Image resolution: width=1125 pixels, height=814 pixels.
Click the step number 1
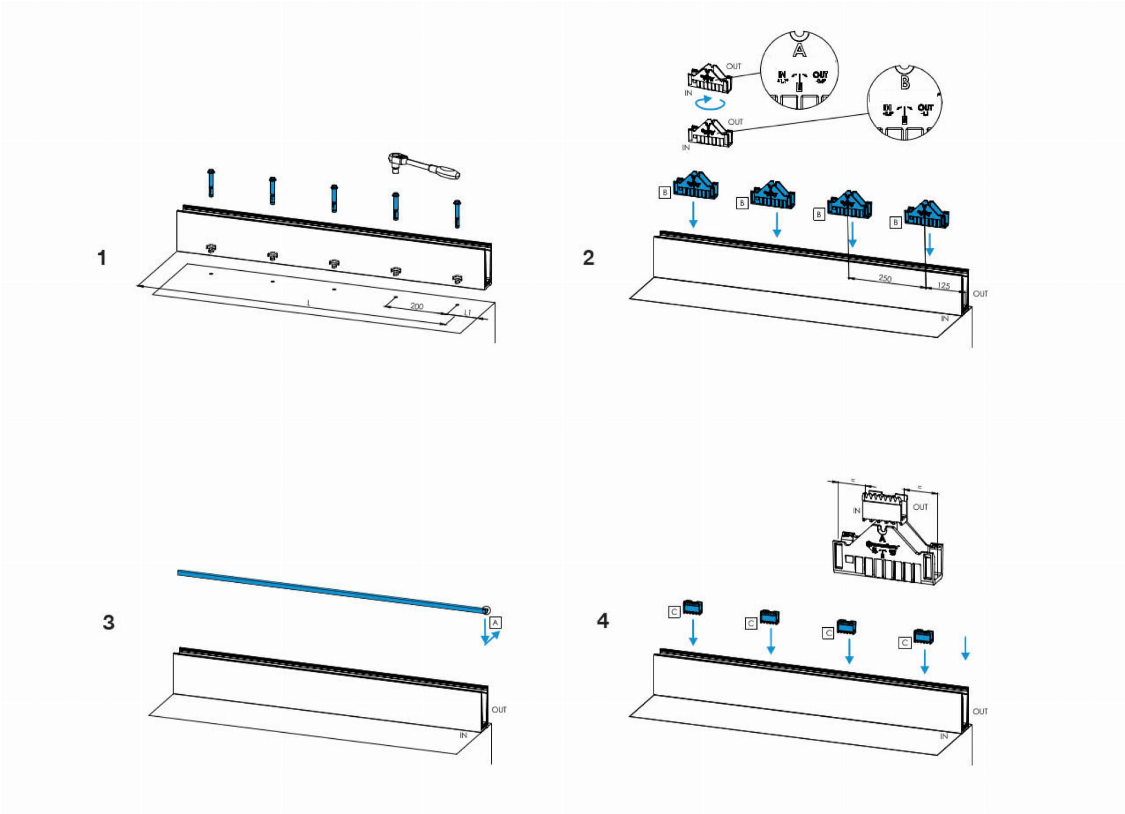102,258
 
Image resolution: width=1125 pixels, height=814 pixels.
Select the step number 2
588,258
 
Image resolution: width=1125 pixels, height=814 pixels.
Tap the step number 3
109,622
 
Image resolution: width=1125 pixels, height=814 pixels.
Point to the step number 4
603,621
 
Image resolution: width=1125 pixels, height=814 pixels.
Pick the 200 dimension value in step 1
417,306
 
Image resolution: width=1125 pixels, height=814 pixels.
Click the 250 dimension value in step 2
885,278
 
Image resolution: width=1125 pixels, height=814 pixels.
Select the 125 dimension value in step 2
943,286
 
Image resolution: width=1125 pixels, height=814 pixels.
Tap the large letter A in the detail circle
799,51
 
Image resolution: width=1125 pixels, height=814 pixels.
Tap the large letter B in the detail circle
905,83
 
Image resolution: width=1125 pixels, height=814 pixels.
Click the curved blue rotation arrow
710,102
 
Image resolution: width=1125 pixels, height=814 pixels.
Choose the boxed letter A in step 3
495,623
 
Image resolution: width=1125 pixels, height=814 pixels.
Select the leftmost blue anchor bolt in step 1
211,182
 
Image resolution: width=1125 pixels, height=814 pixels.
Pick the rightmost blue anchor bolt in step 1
456,214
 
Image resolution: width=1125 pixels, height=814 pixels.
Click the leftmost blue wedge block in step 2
695,186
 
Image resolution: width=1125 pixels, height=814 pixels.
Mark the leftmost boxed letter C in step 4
674,612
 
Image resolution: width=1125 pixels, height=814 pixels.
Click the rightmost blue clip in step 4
923,636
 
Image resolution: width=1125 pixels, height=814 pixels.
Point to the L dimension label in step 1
309,303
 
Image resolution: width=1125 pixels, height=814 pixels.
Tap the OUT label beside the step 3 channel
499,710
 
